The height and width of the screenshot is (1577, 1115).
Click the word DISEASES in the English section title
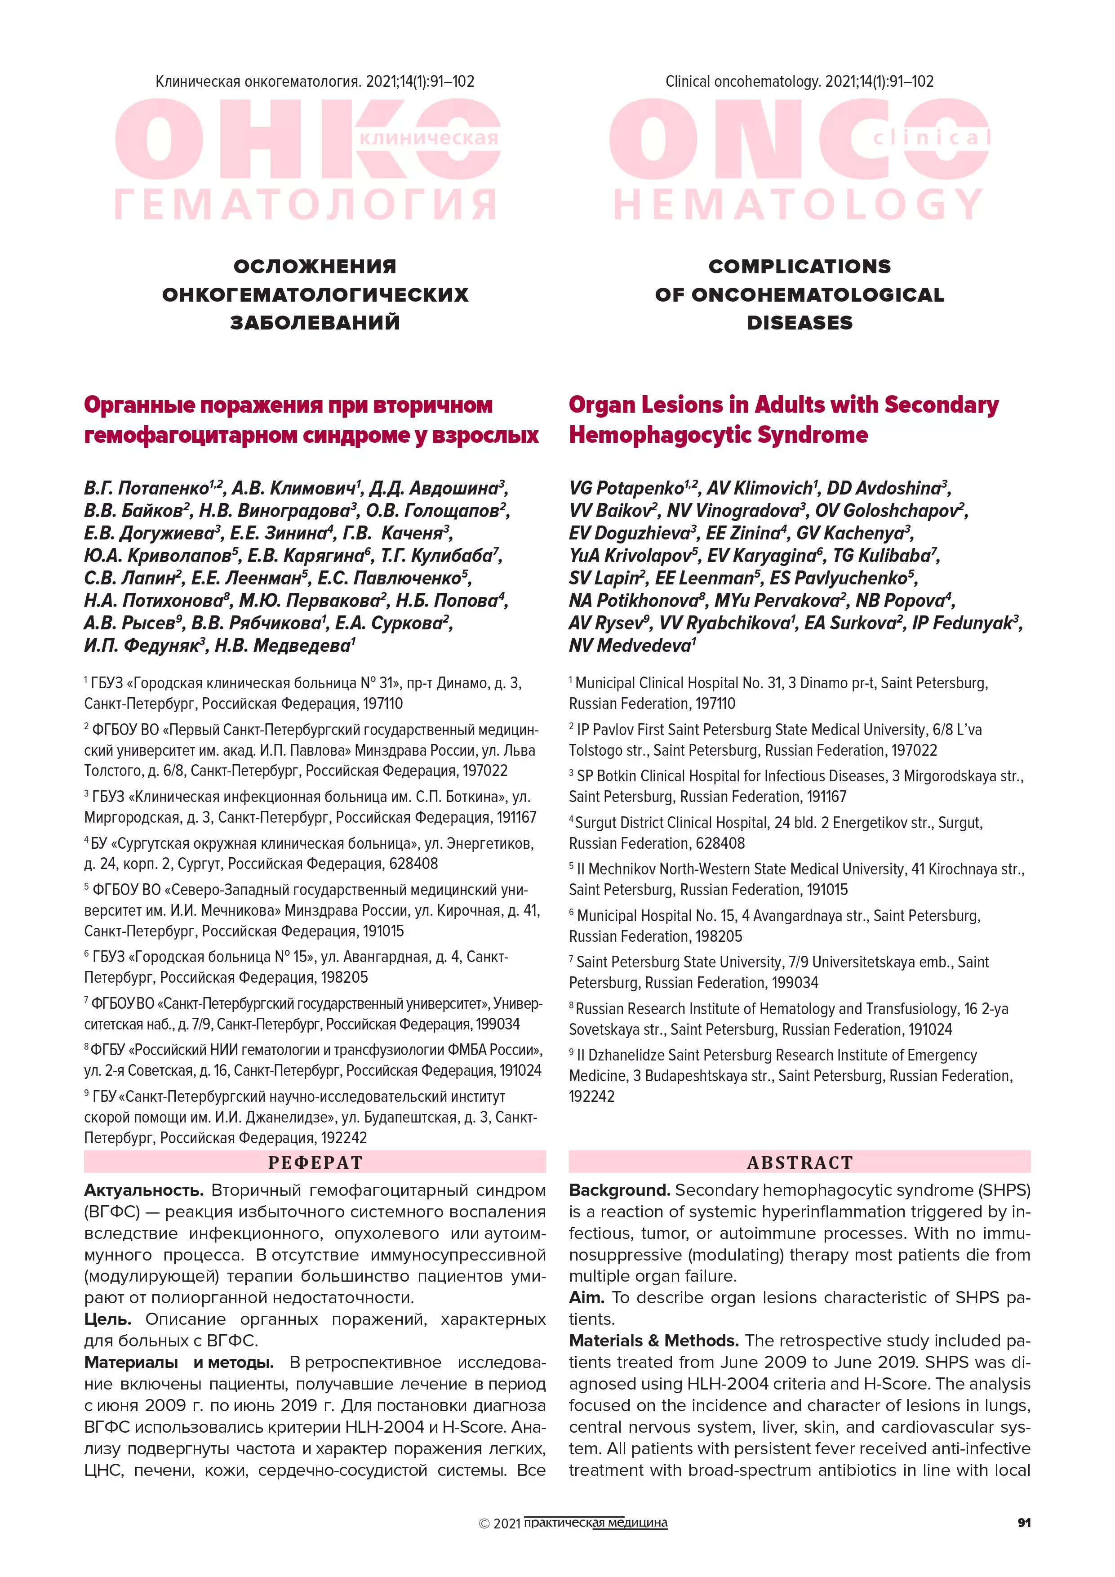800,323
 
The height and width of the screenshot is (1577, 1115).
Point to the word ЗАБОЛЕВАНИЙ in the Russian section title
315,323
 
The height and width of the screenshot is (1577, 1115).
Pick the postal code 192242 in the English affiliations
592,1096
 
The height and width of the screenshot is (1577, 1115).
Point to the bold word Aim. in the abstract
586,1297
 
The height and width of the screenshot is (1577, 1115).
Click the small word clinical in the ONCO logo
931,138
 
